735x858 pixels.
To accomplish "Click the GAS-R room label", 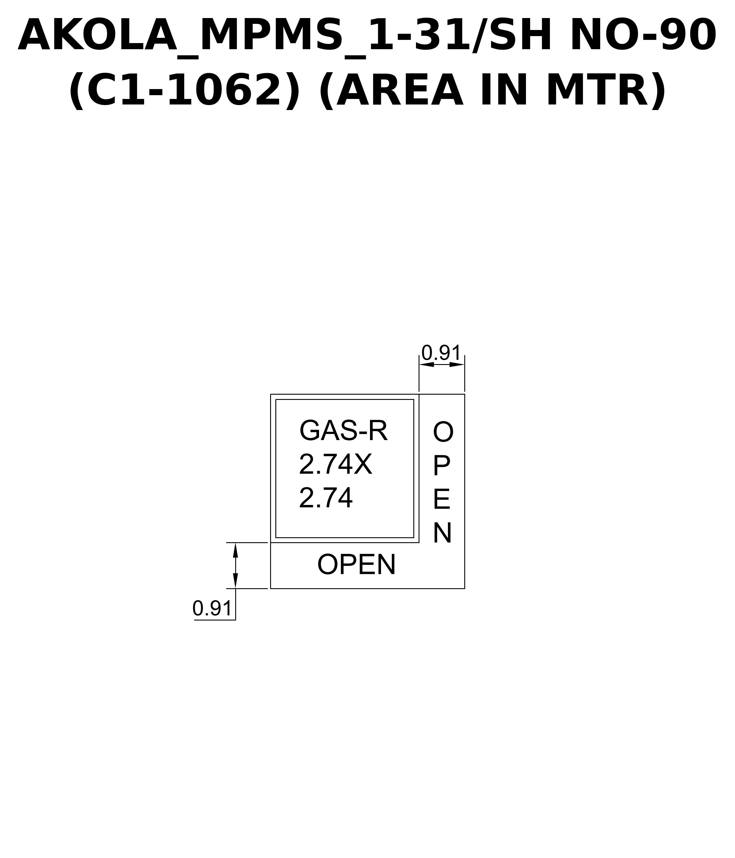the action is (x=343, y=431).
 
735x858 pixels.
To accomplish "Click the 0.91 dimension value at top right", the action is (x=441, y=353).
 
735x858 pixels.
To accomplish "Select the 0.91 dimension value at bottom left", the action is (x=212, y=608).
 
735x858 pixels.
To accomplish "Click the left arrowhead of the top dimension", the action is (x=426, y=364).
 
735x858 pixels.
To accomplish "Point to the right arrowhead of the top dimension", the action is (x=457, y=364).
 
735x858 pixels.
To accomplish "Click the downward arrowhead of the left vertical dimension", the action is (x=235, y=581).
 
